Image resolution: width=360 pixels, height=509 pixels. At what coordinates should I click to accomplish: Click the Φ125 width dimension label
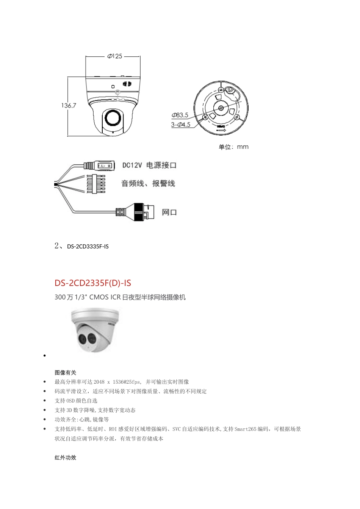(114, 56)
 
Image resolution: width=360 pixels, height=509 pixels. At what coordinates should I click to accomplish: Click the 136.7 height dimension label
(69, 106)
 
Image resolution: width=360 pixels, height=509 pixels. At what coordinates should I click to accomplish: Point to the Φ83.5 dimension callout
(180, 115)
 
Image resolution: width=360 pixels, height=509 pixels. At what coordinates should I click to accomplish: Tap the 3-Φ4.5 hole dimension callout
(180, 125)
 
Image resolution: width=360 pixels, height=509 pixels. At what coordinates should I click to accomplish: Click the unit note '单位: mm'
(233, 147)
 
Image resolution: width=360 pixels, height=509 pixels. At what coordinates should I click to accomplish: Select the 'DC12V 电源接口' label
(149, 166)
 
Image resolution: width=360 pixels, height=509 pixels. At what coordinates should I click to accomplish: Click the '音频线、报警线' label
(148, 184)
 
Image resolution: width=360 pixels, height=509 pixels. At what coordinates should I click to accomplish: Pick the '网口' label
(169, 212)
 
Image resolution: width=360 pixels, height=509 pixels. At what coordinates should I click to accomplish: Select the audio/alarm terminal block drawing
(95, 184)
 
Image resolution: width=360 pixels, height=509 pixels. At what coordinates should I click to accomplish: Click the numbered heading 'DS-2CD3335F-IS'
(88, 247)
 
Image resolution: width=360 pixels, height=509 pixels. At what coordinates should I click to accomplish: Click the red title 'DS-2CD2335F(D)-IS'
(93, 283)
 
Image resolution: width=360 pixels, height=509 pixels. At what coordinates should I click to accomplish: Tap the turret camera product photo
(95, 329)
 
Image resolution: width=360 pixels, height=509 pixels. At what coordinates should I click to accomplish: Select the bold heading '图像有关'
(66, 373)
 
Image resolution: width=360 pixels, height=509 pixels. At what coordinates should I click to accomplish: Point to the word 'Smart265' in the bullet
(246, 429)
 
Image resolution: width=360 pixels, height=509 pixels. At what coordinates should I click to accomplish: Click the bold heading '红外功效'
(66, 457)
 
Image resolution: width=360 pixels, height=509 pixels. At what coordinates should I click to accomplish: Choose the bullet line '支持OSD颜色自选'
(76, 401)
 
